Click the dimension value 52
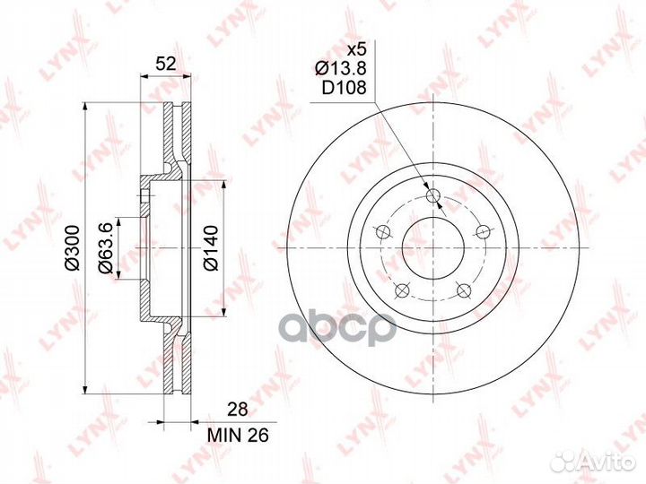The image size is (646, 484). point(166,64)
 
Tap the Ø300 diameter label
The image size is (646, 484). point(72,247)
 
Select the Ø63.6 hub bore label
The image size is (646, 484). point(104,247)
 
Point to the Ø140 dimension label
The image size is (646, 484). point(212,247)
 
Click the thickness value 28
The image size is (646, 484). point(238,410)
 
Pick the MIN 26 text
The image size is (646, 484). point(238,435)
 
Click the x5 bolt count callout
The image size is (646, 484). point(356,50)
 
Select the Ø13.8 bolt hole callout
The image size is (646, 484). point(341,69)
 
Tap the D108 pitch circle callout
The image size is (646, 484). point(344,88)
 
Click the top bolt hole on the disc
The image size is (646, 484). point(433,195)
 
